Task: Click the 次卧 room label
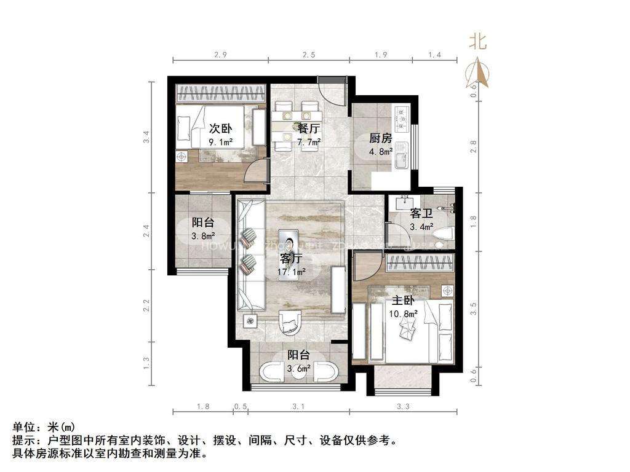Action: pyautogui.click(x=220, y=128)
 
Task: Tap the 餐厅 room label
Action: pyautogui.click(x=308, y=128)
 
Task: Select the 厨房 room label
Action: pyautogui.click(x=381, y=138)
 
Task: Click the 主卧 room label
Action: pyautogui.click(x=403, y=301)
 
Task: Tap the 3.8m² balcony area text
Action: pyautogui.click(x=202, y=235)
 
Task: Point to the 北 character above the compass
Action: pyautogui.click(x=478, y=41)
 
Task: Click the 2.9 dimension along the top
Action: pyautogui.click(x=221, y=55)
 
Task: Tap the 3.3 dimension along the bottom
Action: pyautogui.click(x=404, y=406)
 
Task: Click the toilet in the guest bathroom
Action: pyautogui.click(x=444, y=234)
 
